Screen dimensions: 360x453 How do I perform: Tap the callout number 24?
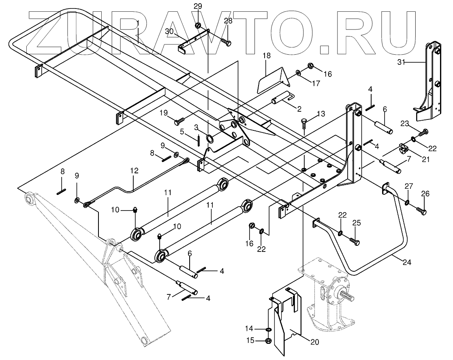click(x=407, y=263)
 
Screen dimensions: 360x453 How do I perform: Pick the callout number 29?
click(x=197, y=6)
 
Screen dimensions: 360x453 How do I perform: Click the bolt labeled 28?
click(x=226, y=42)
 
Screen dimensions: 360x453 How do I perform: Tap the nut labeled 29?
click(x=198, y=26)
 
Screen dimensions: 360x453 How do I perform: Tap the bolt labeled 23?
click(x=423, y=131)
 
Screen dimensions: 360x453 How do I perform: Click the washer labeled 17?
click(x=298, y=73)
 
